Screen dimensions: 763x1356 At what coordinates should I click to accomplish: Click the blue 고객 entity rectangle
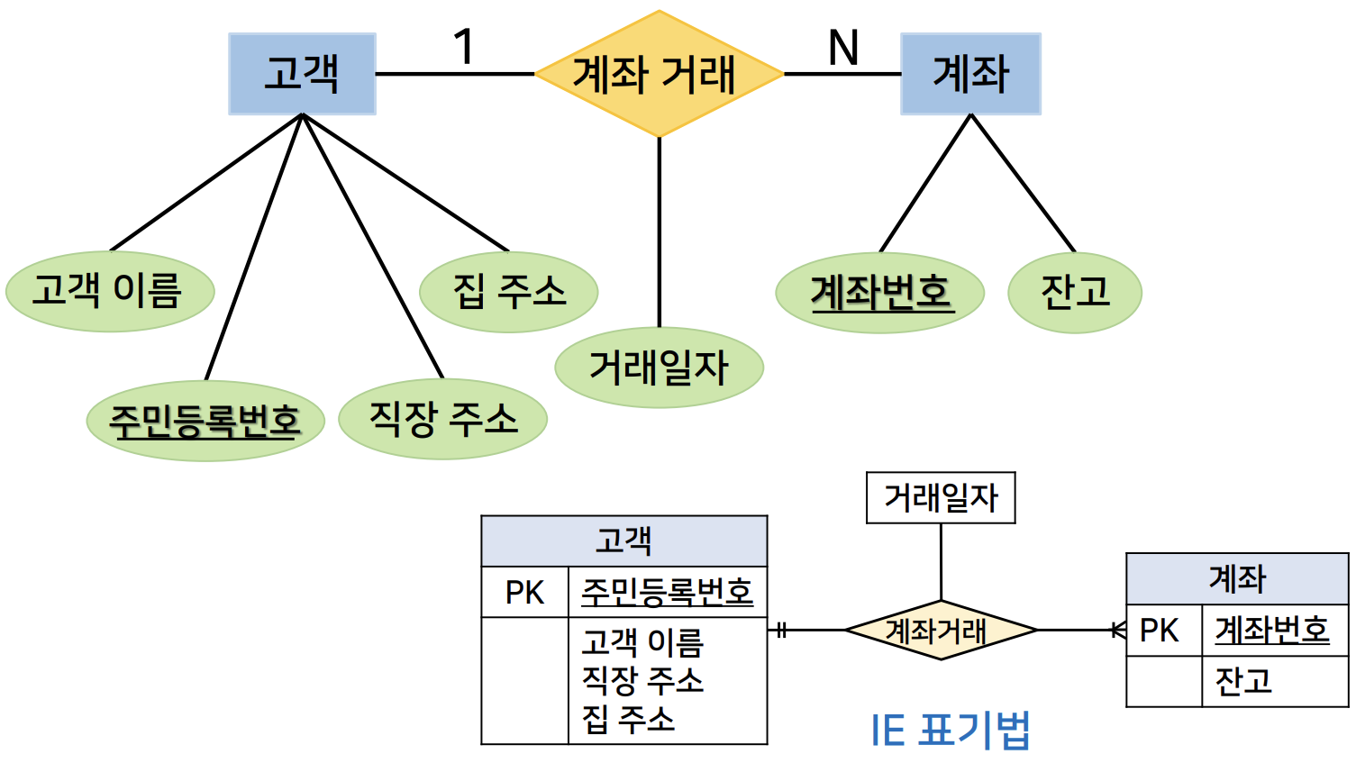302,74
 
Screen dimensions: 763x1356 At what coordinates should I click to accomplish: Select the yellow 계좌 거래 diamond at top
659,74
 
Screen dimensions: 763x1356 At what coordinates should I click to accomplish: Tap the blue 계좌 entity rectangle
970,74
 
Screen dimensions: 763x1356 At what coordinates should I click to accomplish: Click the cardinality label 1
464,47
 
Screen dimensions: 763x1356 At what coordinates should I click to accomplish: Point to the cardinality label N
843,47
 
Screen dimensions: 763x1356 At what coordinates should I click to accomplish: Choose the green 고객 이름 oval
109,292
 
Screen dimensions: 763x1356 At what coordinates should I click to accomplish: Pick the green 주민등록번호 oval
205,421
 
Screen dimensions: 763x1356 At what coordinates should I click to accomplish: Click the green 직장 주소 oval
442,419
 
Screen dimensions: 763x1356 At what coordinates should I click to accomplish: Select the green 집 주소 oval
508,292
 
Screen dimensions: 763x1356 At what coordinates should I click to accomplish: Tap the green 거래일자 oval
659,368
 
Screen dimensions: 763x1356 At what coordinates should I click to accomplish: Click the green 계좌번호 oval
879,293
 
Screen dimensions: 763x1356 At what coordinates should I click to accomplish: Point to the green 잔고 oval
1074,293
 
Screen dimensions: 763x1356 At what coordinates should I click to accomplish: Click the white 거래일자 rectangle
941,497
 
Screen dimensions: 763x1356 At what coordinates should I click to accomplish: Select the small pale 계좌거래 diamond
941,631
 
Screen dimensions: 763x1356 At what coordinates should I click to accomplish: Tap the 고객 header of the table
623,540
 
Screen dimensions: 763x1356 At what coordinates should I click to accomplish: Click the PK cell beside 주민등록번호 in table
524,592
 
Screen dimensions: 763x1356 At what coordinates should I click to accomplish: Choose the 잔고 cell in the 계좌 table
1243,681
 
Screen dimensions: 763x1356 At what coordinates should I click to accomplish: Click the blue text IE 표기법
951,730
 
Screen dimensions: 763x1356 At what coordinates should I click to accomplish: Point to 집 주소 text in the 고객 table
628,719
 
